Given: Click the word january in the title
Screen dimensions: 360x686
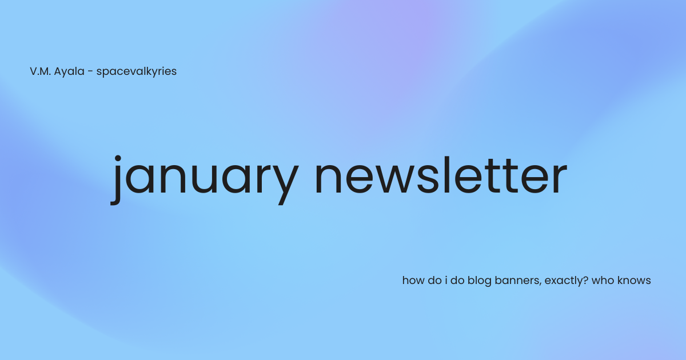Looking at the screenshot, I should click(205, 176).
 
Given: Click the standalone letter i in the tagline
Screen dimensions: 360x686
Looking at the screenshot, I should click(445, 281).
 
